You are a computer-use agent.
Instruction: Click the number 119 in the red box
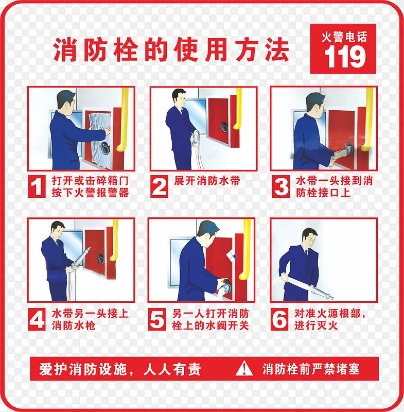345,57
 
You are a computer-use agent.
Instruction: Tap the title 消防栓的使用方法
171,49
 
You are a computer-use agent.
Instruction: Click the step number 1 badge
37,186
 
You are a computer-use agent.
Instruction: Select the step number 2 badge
159,186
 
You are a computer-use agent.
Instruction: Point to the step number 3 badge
281,186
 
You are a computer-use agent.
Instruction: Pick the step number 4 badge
37,319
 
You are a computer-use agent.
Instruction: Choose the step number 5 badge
157,319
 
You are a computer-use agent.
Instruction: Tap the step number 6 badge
279,319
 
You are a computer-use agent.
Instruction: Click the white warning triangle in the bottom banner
244,368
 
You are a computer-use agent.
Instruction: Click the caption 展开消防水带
207,181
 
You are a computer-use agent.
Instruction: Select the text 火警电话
344,37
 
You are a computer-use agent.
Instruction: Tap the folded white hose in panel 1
99,139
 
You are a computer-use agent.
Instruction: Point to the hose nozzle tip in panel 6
332,298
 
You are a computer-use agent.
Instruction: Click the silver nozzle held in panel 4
80,259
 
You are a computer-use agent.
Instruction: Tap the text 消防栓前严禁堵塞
311,369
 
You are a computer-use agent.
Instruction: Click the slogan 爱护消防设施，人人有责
120,369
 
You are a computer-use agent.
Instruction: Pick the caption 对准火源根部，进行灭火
330,319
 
